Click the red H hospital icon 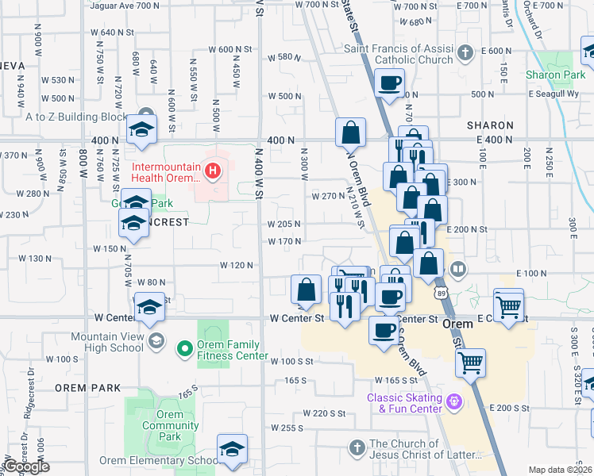tap(212, 170)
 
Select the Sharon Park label tap(548, 75)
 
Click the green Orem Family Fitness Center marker tap(184, 348)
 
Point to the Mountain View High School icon tap(156, 341)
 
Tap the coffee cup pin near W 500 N tap(389, 83)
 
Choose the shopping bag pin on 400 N tap(350, 132)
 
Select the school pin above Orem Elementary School tap(232, 449)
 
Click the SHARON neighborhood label tap(490, 125)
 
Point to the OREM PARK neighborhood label tap(88, 388)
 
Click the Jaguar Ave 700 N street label tap(125, 6)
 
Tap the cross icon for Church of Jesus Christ tap(358, 449)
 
